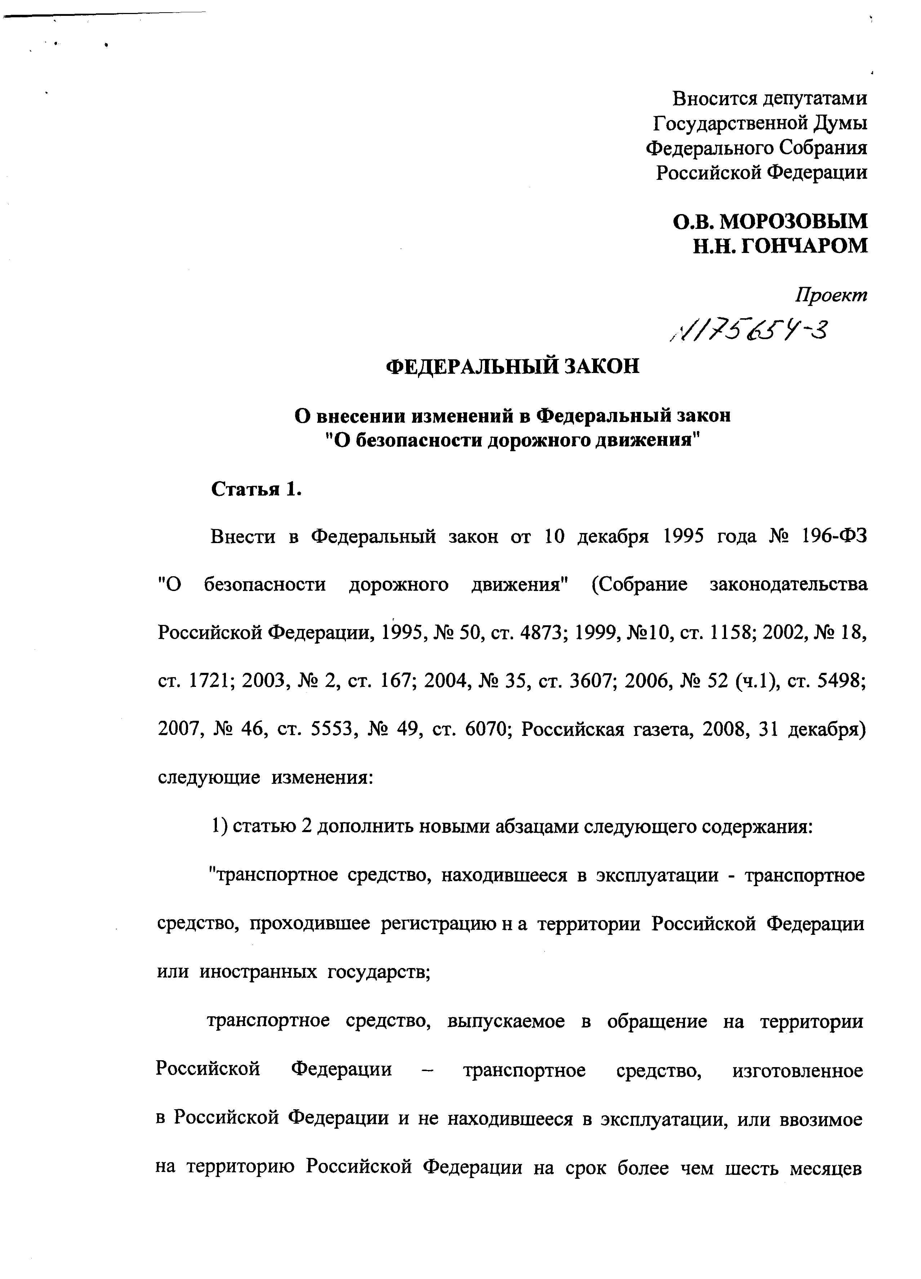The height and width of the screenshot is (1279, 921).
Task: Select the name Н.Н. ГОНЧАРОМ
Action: click(x=780, y=246)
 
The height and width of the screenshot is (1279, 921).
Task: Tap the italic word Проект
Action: click(x=831, y=295)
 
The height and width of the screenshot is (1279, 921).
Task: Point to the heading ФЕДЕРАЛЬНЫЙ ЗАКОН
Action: click(x=513, y=367)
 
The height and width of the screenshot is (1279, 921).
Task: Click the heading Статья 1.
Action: click(x=257, y=489)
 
